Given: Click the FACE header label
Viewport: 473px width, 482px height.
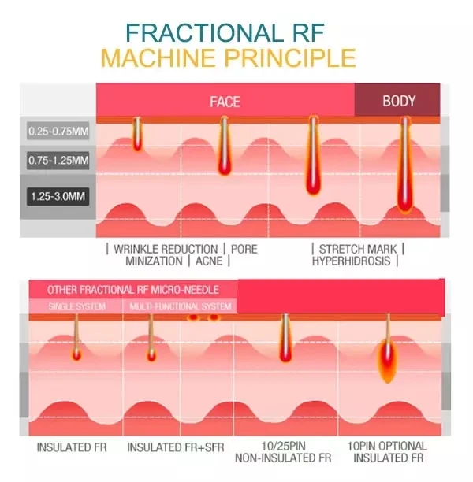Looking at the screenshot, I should [x=225, y=102].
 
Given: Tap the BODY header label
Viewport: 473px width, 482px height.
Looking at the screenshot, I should [x=399, y=101].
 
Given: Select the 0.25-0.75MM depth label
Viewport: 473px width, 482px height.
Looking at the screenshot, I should [x=58, y=131].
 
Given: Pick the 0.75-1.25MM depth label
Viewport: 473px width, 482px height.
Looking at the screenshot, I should [x=58, y=161].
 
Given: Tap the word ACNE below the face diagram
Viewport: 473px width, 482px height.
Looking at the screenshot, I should [x=208, y=261].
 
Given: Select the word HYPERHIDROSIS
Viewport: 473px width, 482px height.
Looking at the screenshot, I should [x=352, y=261].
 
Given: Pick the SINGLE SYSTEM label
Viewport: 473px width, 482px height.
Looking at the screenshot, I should [x=76, y=306].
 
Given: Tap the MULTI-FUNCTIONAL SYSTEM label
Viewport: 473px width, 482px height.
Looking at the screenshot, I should [x=181, y=306].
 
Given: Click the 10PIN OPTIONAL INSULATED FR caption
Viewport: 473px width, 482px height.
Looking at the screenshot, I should [x=386, y=451].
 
